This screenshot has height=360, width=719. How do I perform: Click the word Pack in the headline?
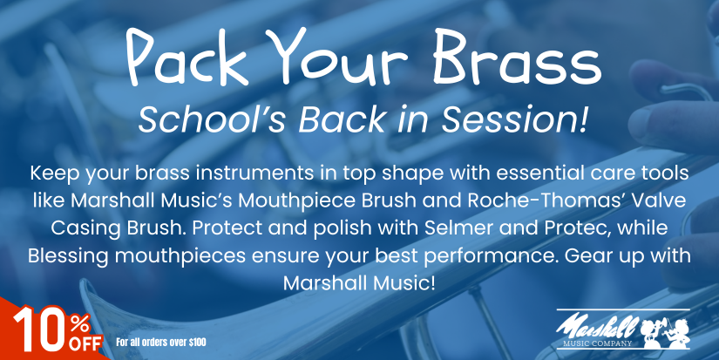[188, 58]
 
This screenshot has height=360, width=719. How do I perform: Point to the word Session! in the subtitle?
[514, 119]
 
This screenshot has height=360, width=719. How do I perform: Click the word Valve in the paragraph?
[665, 200]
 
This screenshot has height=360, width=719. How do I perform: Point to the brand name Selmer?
[458, 228]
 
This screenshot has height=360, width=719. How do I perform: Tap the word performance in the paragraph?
[490, 256]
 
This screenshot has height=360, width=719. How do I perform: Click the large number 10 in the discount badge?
[39, 329]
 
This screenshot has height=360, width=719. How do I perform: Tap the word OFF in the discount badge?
[85, 344]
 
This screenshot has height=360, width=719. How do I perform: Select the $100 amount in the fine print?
[197, 342]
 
